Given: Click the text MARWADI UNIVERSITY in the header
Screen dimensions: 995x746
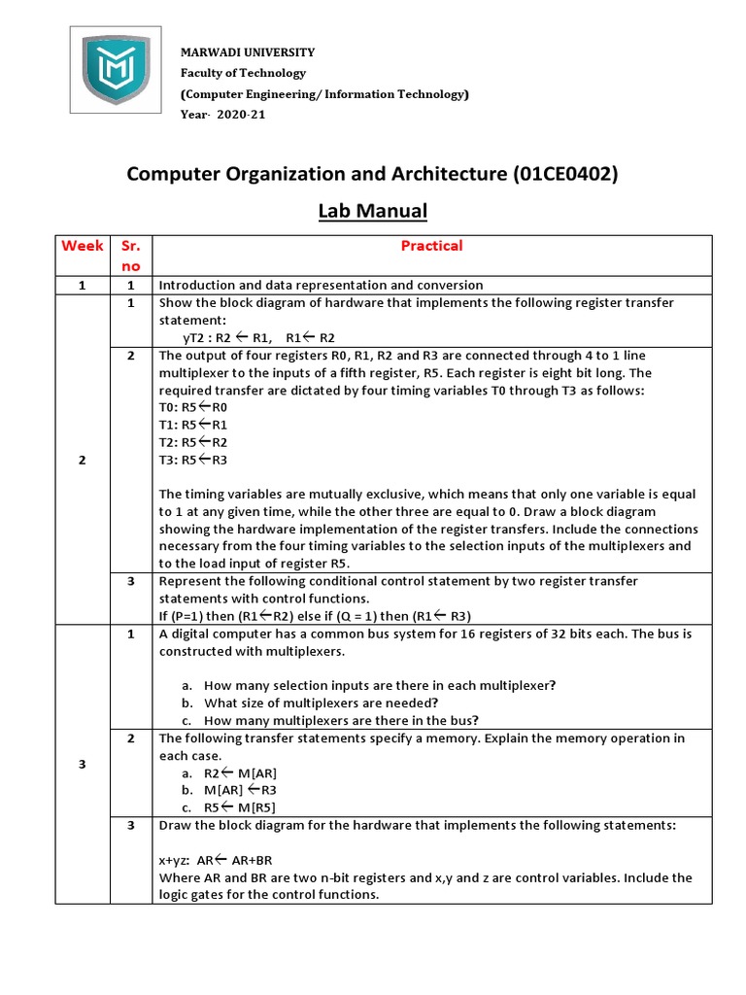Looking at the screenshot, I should [x=248, y=52].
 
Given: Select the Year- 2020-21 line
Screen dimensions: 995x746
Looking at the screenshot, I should [x=222, y=115].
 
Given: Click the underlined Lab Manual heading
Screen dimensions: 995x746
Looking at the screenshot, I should [x=373, y=211].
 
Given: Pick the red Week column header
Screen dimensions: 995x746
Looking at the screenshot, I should [x=83, y=246].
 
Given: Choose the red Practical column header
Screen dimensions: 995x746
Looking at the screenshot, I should [x=432, y=246].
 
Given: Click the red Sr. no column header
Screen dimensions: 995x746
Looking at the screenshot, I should [x=129, y=256].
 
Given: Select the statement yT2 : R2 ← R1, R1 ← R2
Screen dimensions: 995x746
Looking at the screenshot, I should [x=258, y=337].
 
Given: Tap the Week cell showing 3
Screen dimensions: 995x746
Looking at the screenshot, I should [x=83, y=764].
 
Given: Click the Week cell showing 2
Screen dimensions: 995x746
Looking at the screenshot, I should [x=83, y=460].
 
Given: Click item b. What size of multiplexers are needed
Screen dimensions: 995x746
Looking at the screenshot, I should [x=321, y=703].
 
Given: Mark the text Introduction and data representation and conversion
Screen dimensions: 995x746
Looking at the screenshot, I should [x=321, y=285].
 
